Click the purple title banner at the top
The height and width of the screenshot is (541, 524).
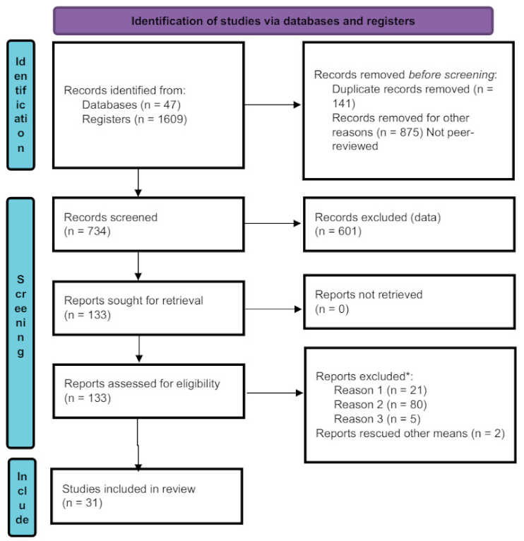point(273,20)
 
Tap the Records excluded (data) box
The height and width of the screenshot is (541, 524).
point(408,225)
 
